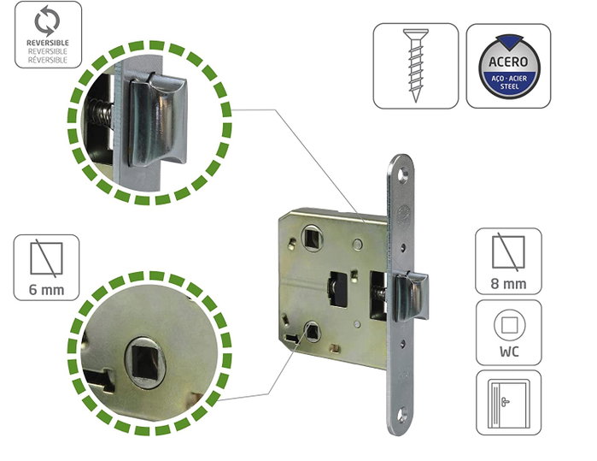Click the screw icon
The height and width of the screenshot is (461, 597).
415,66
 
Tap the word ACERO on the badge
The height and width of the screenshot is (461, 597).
508,62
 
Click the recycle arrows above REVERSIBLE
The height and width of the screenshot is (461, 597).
47,21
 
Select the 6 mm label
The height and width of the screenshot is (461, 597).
46,290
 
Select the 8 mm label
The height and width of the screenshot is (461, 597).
509,284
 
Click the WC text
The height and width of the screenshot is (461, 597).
509,352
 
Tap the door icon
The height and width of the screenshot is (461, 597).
508,403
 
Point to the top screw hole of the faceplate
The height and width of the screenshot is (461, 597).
402,174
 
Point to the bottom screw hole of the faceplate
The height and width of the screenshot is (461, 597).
402,416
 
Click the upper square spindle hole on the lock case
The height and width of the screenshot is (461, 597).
313,239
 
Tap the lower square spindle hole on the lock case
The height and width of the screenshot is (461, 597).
313,331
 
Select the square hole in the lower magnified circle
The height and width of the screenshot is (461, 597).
145,362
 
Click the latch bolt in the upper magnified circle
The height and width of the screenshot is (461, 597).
158,121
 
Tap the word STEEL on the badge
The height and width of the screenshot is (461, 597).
509,86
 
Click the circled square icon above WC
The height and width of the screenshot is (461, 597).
509,325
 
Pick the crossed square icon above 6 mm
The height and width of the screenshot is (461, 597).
46,258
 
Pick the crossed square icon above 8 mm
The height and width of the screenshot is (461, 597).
508,252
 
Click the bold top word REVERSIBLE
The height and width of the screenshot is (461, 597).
48,43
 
